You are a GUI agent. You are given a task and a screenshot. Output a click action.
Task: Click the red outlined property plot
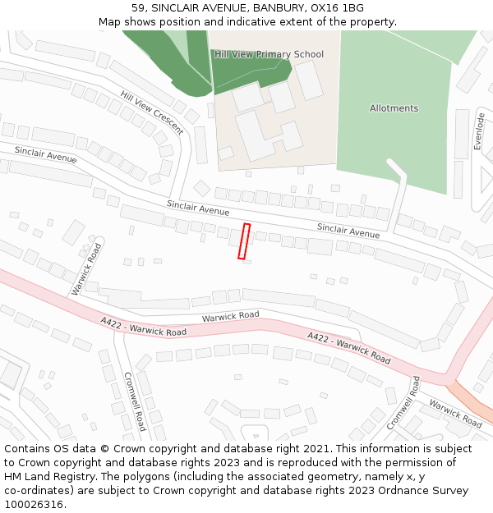(244, 241)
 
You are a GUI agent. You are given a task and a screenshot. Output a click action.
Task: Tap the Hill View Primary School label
(269, 54)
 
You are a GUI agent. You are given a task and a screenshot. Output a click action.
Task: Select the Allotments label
(394, 108)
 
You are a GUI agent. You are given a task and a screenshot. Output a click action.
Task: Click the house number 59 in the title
(137, 8)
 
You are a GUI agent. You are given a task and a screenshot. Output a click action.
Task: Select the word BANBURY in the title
(273, 8)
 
